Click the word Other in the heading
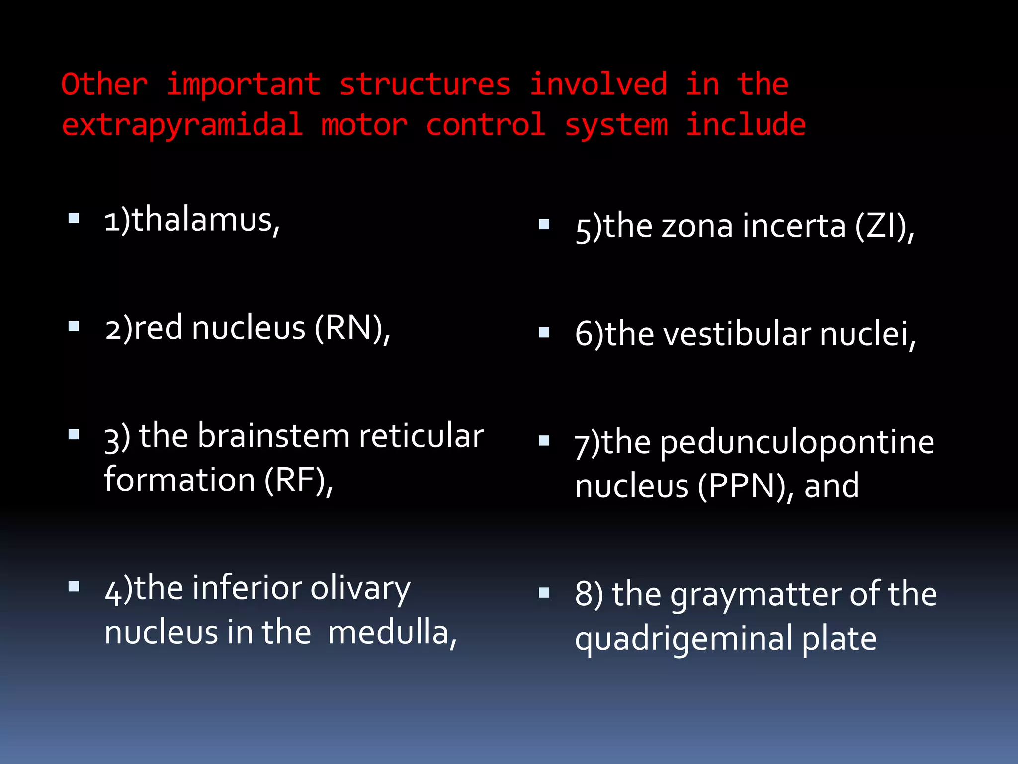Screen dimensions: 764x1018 (x=104, y=84)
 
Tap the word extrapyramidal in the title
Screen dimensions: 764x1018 (x=182, y=125)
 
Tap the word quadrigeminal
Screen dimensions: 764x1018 (x=684, y=640)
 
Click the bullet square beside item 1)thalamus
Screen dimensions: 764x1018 (x=74, y=218)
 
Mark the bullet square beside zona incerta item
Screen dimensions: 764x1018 (x=544, y=224)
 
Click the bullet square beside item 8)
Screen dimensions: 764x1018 (x=544, y=592)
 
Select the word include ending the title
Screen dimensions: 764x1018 (x=746, y=125)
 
